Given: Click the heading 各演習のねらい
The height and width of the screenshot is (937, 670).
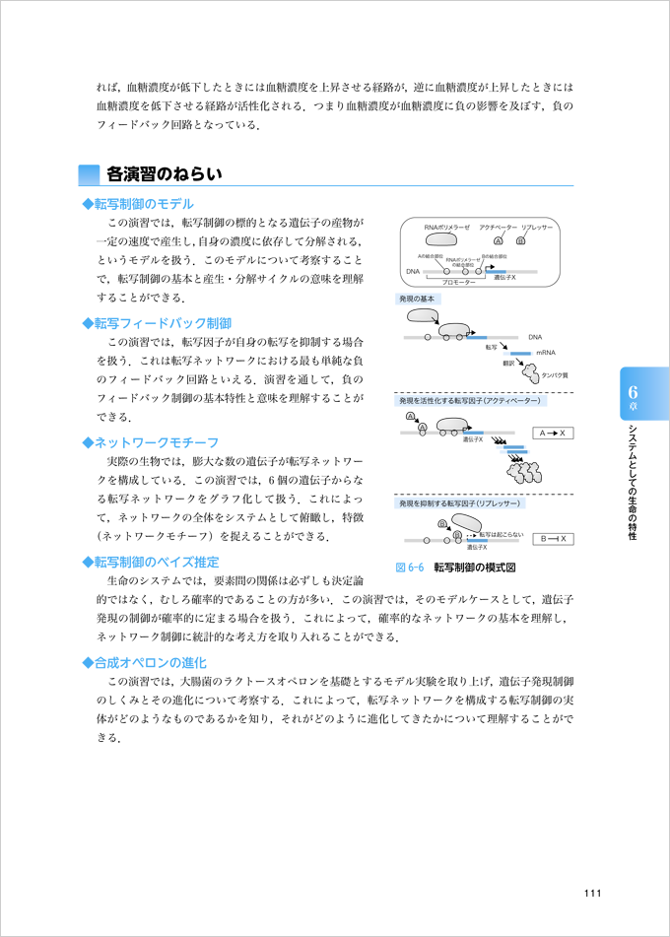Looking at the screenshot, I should (x=164, y=174).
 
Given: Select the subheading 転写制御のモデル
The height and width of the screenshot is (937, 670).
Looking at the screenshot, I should (x=143, y=203).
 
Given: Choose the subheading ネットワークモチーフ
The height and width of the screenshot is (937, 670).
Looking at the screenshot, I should (x=156, y=442).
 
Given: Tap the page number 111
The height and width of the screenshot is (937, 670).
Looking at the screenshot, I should (x=591, y=894).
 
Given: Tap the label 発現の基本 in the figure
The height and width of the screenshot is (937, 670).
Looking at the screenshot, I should (x=417, y=299).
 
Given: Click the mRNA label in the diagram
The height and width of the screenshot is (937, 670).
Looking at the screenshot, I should (x=546, y=352).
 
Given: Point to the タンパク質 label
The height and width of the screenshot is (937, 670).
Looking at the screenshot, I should (x=555, y=375).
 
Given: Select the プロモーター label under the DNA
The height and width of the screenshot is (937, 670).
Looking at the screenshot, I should (x=459, y=282).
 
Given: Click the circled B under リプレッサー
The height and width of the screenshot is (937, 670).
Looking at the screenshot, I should (x=521, y=240).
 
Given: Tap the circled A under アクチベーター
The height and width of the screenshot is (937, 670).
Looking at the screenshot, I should (x=499, y=240).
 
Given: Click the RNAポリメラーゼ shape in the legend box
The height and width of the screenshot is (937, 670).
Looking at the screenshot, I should (x=439, y=240).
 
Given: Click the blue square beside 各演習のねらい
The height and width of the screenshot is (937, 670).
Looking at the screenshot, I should (x=90, y=174).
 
